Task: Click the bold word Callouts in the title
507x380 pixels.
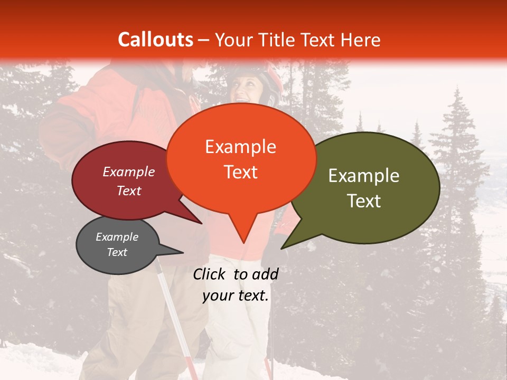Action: (x=155, y=40)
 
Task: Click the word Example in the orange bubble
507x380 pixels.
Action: (x=240, y=147)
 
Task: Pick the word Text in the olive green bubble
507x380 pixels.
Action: (x=364, y=201)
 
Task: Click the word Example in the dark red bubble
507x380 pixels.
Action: (x=128, y=172)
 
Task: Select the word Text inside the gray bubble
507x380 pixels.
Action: (x=117, y=252)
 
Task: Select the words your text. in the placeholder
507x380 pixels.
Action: (x=236, y=296)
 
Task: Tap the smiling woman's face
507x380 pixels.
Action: (x=247, y=87)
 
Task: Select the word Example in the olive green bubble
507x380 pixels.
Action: (x=364, y=176)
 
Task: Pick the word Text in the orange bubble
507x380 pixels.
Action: (x=240, y=172)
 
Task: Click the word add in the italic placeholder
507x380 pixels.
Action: (x=265, y=274)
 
